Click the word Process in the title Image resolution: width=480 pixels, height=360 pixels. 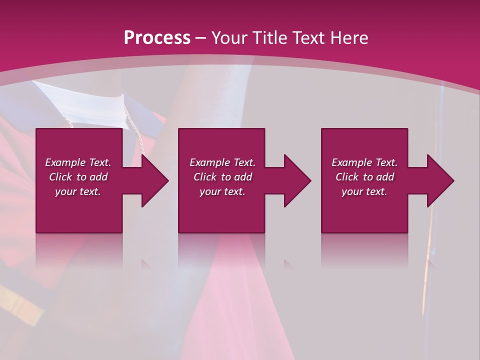click(157, 38)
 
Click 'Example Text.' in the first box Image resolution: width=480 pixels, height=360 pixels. click(78, 162)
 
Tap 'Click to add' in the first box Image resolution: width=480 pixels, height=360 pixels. click(78, 177)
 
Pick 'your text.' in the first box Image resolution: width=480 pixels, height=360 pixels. click(78, 191)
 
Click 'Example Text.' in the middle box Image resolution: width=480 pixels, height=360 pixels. click(222, 162)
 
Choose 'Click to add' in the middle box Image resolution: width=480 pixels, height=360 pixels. click(222, 177)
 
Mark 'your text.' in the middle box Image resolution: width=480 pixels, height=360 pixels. click(222, 191)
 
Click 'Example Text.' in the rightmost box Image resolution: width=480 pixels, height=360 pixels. click(364, 162)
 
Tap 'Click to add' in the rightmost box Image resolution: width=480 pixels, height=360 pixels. click(364, 177)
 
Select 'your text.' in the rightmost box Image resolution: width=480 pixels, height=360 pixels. click(364, 191)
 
